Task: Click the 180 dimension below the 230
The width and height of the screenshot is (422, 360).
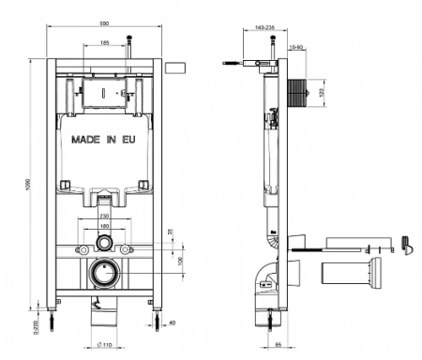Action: [103, 227]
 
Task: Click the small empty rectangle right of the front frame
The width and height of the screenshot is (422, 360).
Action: [176, 68]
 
